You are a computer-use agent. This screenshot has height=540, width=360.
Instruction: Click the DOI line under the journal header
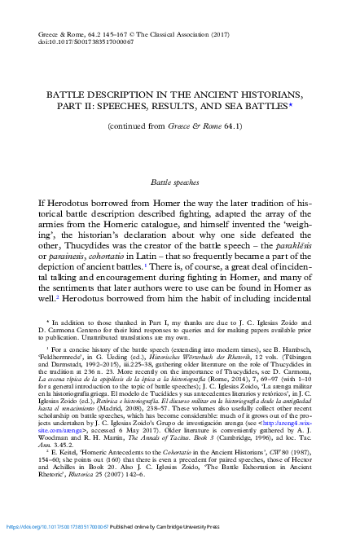77,46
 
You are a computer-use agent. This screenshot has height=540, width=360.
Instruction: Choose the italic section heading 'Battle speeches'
180,186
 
